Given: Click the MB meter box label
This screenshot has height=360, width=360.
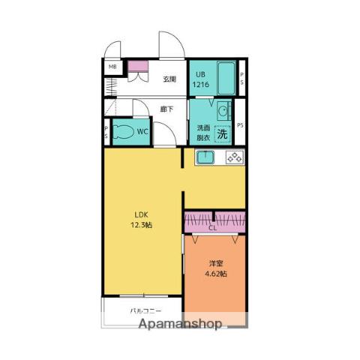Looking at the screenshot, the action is [x=112, y=67].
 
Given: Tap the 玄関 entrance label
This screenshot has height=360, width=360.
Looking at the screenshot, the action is [x=169, y=79].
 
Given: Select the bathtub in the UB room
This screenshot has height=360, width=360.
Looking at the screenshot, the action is [x=226, y=78].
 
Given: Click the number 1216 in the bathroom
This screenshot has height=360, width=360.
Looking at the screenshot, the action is [x=201, y=85].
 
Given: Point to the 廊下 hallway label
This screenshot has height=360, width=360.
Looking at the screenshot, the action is [x=166, y=109].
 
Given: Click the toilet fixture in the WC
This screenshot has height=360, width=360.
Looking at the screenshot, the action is [x=123, y=132].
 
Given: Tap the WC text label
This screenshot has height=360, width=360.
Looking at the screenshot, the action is [x=142, y=131].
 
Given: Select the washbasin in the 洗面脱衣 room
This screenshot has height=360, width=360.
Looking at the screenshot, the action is [x=223, y=110].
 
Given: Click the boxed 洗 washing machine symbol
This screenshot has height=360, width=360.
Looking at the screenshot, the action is [x=222, y=134].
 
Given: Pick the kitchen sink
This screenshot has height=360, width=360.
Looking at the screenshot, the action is [x=205, y=157].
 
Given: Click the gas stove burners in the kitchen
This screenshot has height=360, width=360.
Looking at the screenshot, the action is [x=235, y=157].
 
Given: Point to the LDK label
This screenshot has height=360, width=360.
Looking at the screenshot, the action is [x=142, y=214].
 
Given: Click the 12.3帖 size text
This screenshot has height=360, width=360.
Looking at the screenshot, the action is [x=142, y=225].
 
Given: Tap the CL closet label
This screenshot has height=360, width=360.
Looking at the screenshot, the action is [x=213, y=228].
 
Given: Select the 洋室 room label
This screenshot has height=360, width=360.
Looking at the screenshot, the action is [x=216, y=263].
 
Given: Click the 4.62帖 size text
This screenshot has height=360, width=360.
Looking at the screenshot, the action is [x=216, y=274].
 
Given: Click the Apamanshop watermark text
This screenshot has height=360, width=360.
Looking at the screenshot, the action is [x=180, y=324].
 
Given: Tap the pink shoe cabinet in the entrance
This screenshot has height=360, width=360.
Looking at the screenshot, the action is [x=138, y=66].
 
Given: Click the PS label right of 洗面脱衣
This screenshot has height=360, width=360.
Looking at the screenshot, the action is [x=240, y=125].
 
